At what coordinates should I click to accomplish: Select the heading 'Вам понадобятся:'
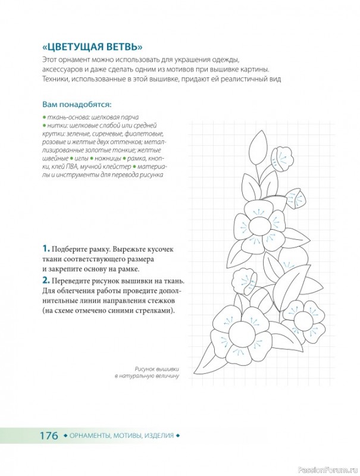[x=77, y=105]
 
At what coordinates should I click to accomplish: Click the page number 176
[x=49, y=436]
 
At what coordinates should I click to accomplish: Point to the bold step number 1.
[x=46, y=249]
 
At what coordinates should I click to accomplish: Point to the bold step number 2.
[x=46, y=280]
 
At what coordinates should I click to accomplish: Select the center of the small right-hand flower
[x=303, y=320]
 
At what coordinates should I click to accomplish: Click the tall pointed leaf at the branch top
[x=258, y=148]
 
